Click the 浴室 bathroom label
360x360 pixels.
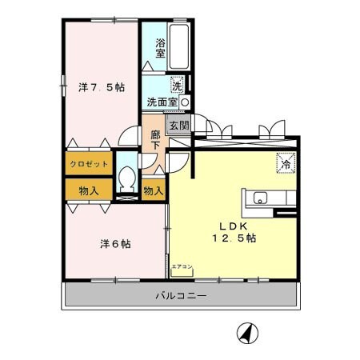point(160,48)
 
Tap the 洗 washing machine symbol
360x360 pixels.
point(176,83)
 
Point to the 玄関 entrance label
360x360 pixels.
point(178,126)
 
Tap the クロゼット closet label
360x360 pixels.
point(88,164)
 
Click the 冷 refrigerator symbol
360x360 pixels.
point(285,162)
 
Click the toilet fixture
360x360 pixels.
point(126,181)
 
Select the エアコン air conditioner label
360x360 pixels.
point(181,266)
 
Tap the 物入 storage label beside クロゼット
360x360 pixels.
point(89,190)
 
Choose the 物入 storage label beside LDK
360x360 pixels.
point(153,190)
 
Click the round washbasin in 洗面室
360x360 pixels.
point(185,103)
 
